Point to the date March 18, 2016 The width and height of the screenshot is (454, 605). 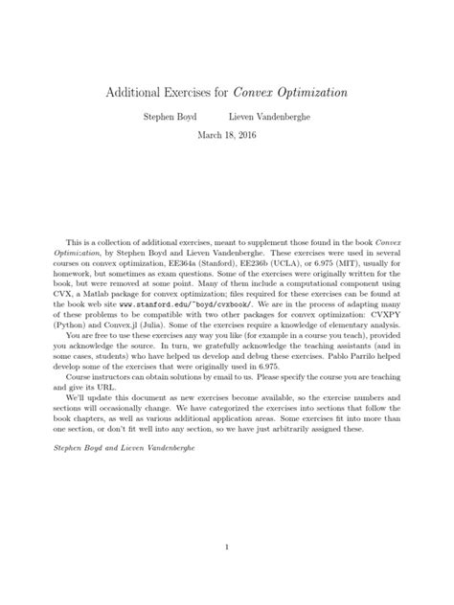click(x=227, y=135)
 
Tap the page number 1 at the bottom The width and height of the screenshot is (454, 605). click(x=227, y=548)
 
